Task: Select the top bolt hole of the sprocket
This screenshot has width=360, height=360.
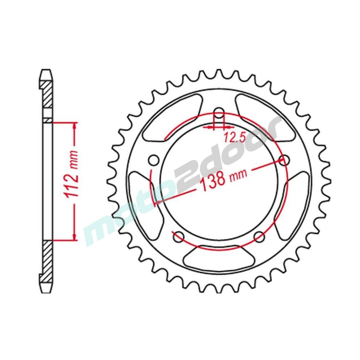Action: (219, 113)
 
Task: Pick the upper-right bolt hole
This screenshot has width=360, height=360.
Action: (284, 160)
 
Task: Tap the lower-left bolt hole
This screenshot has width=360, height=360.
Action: (179, 237)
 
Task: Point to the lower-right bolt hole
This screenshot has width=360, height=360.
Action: (259, 237)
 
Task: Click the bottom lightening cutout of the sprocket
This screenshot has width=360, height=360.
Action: (219, 256)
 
